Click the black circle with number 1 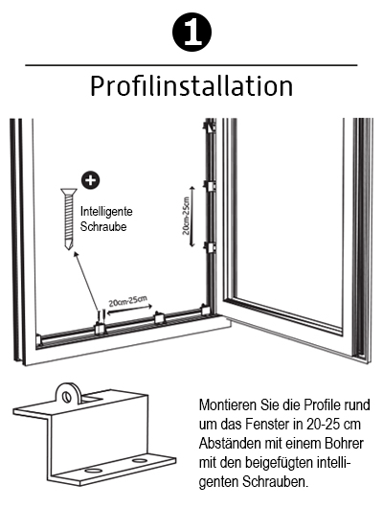pos(191,32)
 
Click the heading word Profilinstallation pos(191,86)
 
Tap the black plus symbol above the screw pos(90,180)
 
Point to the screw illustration pos(68,219)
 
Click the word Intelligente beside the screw pos(106,211)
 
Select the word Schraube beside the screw pos(103,226)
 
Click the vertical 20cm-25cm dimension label pos(186,216)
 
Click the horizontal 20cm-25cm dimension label pos(128,301)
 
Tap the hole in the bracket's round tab pos(66,397)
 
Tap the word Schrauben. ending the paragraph pos(275,482)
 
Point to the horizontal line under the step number pos(191,65)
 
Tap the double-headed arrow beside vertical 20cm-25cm pos(192,217)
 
